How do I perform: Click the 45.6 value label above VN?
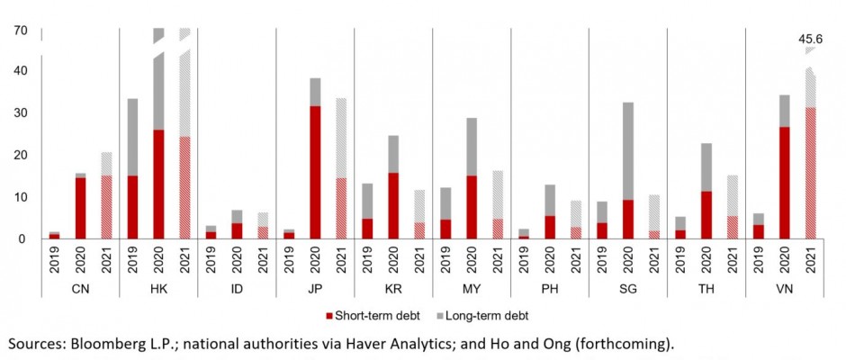812,40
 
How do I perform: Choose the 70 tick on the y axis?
21,31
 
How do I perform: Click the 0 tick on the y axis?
24,239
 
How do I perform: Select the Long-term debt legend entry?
490,316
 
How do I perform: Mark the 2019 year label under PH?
524,260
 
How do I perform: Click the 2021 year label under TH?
733,260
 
